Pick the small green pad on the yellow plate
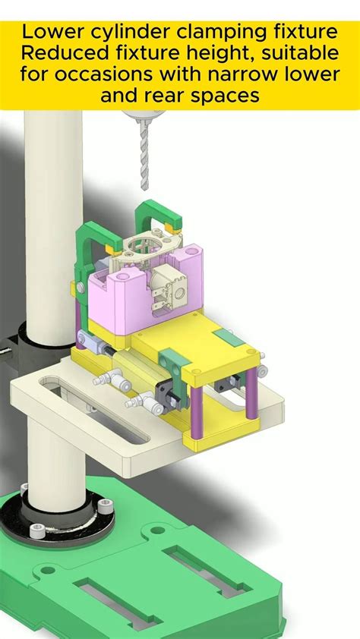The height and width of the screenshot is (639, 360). (x=227, y=338)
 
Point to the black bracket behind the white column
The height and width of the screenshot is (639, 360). (x=18, y=341)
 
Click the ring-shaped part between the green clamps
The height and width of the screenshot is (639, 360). (x=141, y=247)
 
